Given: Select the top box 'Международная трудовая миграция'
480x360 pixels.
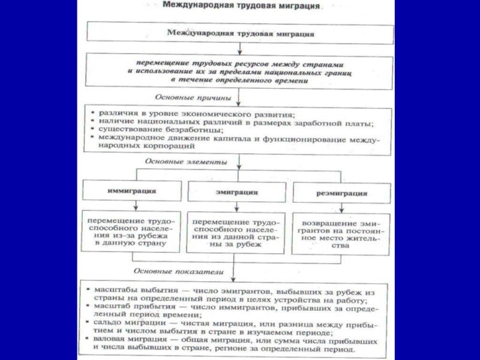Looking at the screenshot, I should (240, 34).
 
